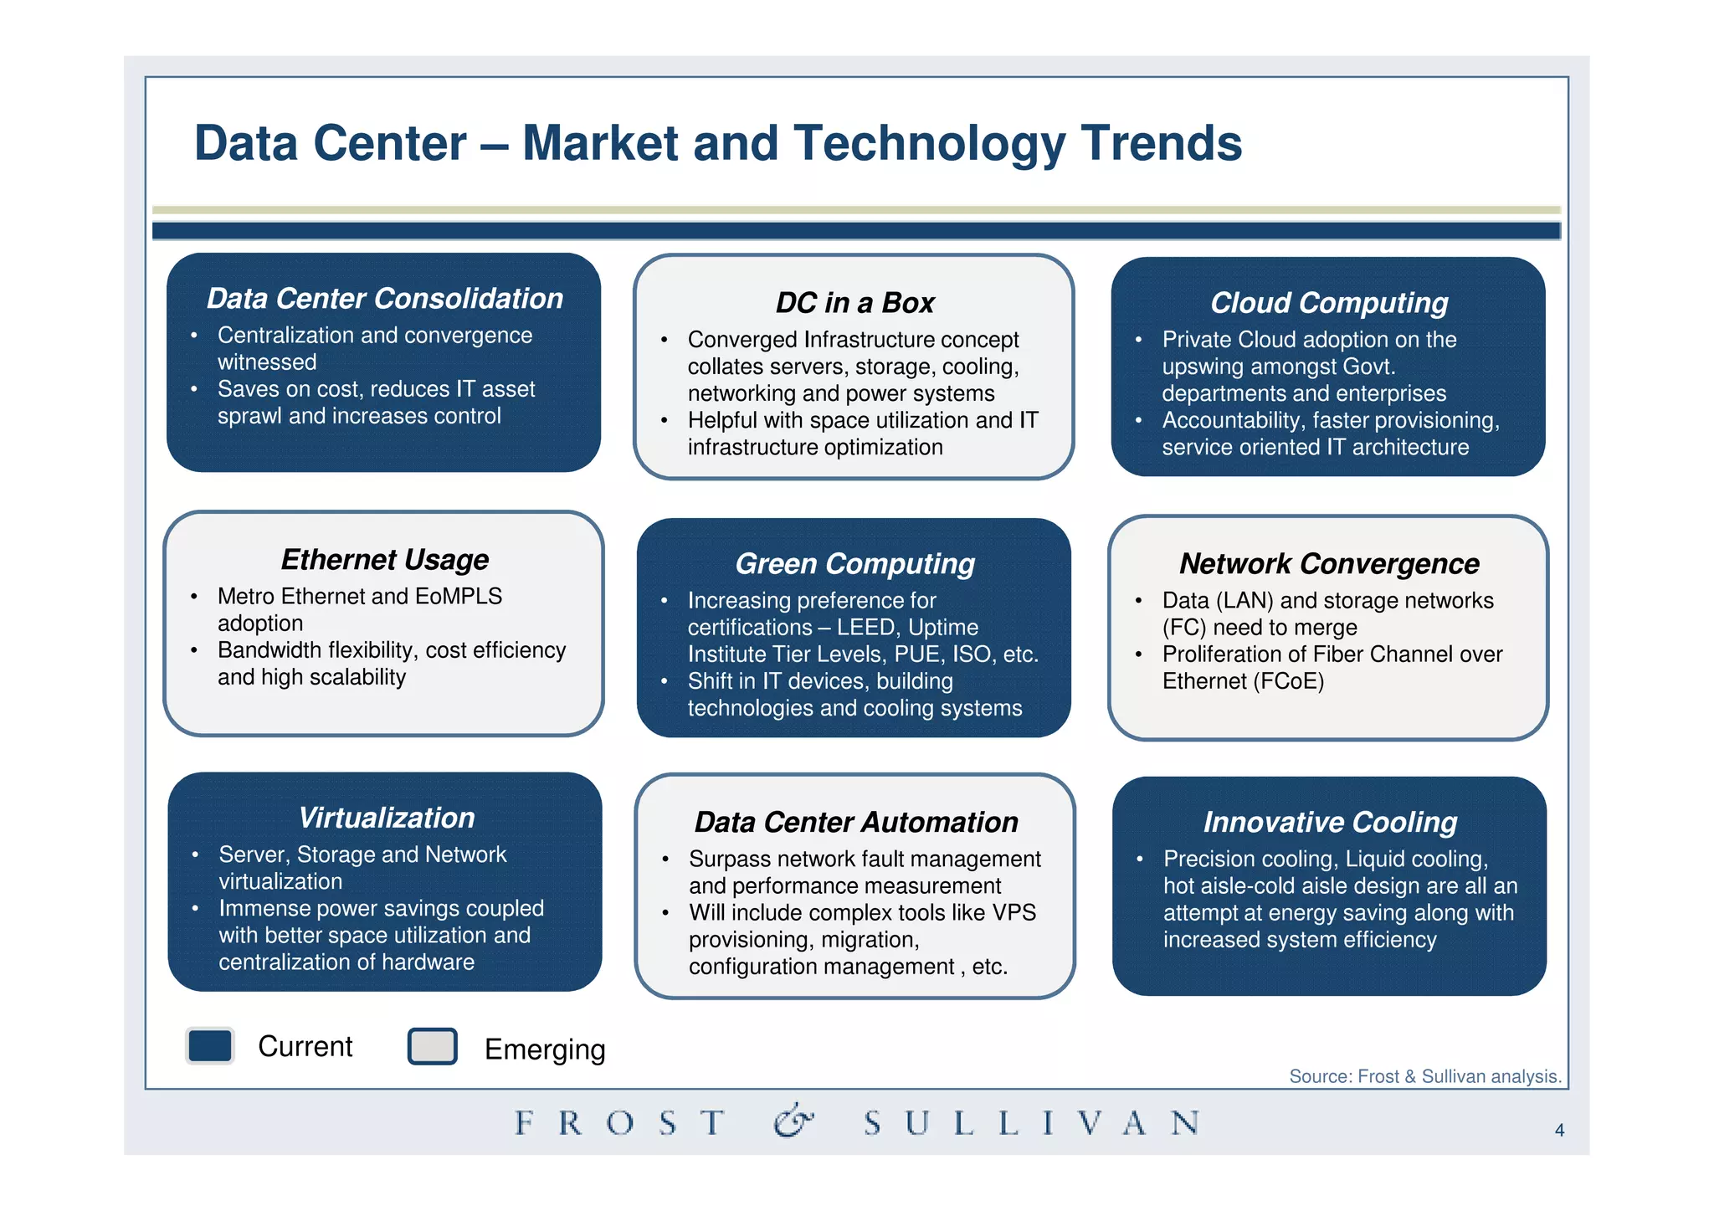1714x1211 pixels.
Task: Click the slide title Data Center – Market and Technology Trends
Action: [x=717, y=143]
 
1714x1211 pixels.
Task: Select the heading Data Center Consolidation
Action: [x=384, y=299]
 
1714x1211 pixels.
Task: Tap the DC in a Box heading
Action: [x=854, y=303]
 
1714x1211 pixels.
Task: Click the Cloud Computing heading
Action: [x=1328, y=303]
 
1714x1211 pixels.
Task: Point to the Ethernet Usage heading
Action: [x=384, y=560]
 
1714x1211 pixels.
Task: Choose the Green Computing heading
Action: [x=854, y=564]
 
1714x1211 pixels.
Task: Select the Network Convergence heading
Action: [x=1328, y=564]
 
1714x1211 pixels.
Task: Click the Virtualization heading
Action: [x=386, y=818]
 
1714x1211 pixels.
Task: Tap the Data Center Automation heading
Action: [x=855, y=823]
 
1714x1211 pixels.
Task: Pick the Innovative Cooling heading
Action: [x=1329, y=823]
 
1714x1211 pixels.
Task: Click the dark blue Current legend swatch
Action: [x=209, y=1046]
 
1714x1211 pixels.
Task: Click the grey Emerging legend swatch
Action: [x=432, y=1046]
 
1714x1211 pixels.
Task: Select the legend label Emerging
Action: [x=544, y=1049]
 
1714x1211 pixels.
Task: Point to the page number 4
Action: [x=1559, y=1131]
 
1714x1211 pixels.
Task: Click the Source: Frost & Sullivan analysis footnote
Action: [x=1424, y=1076]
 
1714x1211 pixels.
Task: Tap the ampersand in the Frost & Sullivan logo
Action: [x=792, y=1121]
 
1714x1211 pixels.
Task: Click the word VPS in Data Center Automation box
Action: [x=1014, y=913]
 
